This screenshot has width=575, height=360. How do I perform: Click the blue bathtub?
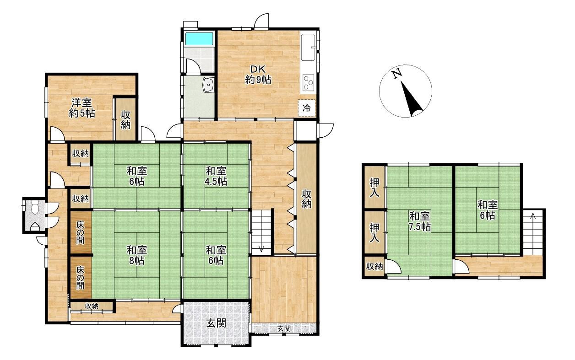coord(199,39)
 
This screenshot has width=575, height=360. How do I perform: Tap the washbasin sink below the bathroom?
coord(208,85)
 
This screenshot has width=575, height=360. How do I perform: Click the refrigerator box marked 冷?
coord(306,108)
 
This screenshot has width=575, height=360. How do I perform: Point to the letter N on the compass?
coord(397,74)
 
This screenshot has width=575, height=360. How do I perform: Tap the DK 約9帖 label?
coord(258,75)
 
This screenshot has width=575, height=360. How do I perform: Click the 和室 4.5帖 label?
coord(216,176)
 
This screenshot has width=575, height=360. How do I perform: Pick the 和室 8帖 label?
coord(136,255)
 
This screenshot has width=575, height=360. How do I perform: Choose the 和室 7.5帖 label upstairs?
coord(419,221)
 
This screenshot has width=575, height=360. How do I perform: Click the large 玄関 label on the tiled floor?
coord(216,323)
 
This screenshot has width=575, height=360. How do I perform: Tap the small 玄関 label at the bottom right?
coord(284,329)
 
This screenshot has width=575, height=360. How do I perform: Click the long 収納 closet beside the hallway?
coord(306,199)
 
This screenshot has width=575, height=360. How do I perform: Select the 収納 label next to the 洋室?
coord(126,120)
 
